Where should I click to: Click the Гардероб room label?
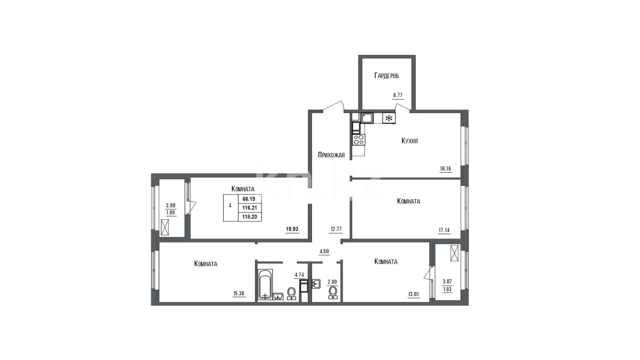point(386,76)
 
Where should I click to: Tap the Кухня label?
point(410,141)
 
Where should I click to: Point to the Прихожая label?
point(331,155)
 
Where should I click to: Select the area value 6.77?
point(398,95)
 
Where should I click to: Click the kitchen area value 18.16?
point(446,168)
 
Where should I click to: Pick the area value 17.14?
point(444,230)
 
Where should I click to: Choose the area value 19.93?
point(292,229)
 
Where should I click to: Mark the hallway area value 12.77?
point(336,229)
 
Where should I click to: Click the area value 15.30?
point(239,293)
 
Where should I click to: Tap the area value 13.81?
point(414,294)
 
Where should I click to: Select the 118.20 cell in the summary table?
point(250,217)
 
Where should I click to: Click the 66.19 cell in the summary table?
point(248,199)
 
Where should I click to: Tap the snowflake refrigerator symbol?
point(389,118)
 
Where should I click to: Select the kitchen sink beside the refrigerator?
point(367,118)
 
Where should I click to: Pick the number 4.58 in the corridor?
point(324,252)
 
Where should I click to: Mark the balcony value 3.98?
point(170,206)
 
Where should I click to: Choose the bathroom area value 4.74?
point(299,275)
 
